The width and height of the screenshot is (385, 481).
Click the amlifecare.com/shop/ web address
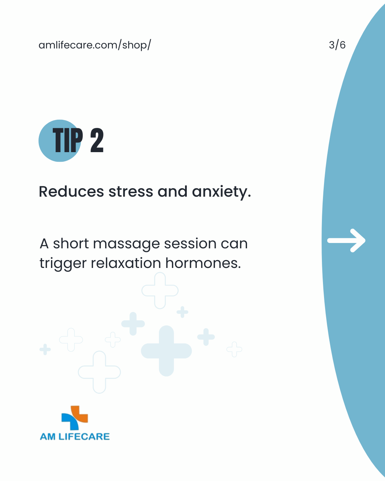click(x=95, y=45)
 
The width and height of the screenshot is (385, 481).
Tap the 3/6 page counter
click(x=337, y=45)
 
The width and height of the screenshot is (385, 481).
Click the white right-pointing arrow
click(x=346, y=240)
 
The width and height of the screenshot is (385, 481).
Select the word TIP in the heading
click(x=68, y=140)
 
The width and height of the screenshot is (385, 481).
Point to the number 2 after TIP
click(x=97, y=140)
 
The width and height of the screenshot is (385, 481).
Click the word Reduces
click(x=71, y=192)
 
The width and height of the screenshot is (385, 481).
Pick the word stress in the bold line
click(x=130, y=192)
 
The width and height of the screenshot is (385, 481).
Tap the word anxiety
click(x=221, y=192)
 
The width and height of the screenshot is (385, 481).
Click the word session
click(x=190, y=243)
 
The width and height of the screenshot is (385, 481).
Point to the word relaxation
click(x=126, y=263)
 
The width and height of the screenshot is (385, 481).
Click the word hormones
click(x=203, y=263)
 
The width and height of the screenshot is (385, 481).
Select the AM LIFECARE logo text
click(x=75, y=436)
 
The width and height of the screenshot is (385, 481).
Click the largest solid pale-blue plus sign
click(x=166, y=351)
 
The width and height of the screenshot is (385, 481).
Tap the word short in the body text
click(x=71, y=243)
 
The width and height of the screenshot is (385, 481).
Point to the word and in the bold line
click(x=173, y=192)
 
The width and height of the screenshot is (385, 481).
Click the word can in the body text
click(x=234, y=244)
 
